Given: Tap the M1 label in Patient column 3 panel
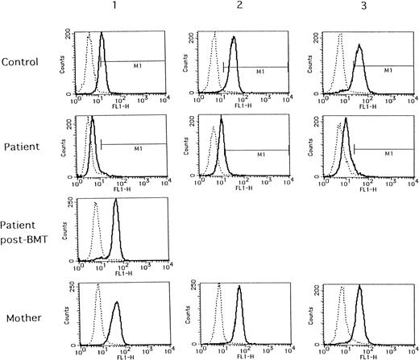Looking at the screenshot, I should point(389,154).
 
